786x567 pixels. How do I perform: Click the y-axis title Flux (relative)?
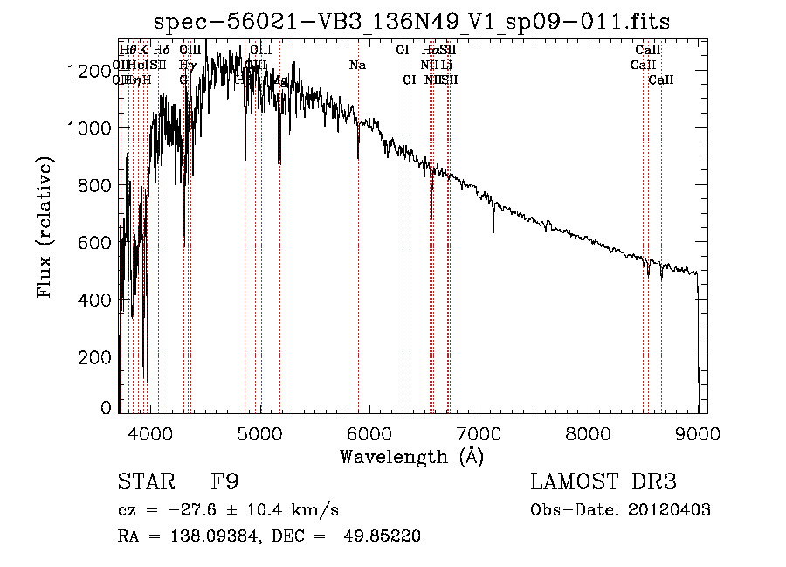pos(45,227)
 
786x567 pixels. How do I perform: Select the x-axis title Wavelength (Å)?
pos(412,456)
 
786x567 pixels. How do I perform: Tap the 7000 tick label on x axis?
pos(479,433)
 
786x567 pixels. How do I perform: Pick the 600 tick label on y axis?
pos(96,242)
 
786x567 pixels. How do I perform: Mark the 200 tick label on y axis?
pos(96,356)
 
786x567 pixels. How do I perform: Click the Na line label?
pos(357,65)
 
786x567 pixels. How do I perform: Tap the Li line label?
pos(445,65)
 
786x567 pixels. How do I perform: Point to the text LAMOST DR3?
pos(603,482)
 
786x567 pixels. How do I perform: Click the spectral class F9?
pos(225,482)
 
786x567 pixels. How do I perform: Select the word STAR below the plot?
pos(145,482)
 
